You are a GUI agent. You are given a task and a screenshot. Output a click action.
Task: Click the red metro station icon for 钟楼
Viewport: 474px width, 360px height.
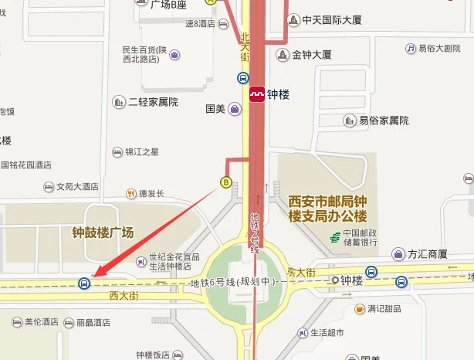tap(257, 94)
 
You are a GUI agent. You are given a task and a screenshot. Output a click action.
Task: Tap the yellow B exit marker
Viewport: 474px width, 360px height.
tap(226, 182)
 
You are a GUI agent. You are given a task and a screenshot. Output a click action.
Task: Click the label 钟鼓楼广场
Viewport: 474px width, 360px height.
tap(103, 232)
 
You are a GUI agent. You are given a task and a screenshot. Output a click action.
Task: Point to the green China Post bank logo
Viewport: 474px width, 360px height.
tap(332, 237)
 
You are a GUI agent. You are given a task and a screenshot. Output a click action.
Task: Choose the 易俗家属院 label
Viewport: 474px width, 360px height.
tap(384, 121)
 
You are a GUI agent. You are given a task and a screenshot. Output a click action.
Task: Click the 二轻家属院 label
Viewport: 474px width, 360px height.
tap(153, 102)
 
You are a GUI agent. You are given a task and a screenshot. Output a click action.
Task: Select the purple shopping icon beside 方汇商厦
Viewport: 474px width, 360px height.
tap(398, 253)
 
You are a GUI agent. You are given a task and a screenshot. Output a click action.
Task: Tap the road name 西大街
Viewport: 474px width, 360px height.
tap(123, 294)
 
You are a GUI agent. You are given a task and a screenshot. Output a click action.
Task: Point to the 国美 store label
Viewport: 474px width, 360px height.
tap(215, 109)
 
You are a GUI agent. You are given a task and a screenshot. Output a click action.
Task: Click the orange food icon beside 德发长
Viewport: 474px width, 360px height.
tap(131, 194)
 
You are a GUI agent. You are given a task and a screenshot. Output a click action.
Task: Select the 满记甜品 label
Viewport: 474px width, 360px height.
tap(384, 309)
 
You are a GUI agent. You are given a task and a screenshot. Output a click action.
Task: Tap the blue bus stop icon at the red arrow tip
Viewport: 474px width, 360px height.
tap(83, 283)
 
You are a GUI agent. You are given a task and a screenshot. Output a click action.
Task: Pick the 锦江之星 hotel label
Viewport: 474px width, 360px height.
tap(142, 152)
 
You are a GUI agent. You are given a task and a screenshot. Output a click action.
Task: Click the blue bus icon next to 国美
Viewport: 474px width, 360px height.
tap(242, 78)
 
